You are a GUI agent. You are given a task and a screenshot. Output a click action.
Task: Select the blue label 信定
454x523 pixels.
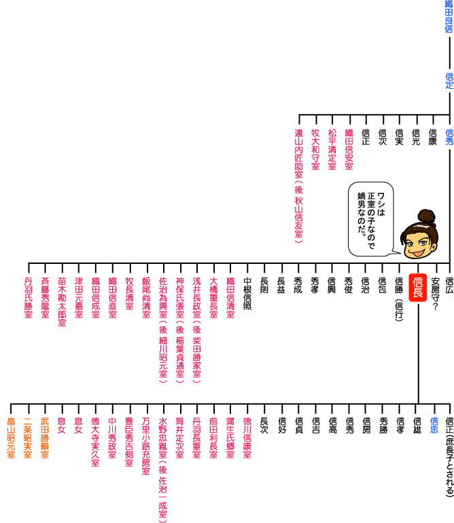449,80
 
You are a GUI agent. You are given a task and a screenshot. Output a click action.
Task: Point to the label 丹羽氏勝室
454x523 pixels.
28,298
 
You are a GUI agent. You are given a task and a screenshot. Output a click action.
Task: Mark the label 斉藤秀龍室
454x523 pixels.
45,298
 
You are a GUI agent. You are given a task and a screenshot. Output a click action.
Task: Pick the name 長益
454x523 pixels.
281,284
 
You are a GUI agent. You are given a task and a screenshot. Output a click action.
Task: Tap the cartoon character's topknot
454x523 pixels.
426,216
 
